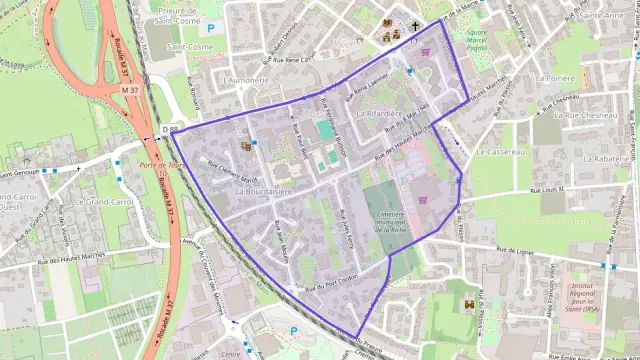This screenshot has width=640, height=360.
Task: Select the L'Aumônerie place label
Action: click(x=246, y=78)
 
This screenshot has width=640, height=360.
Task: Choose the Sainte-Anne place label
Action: click(x=600, y=16)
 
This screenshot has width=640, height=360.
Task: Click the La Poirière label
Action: click(x=555, y=77)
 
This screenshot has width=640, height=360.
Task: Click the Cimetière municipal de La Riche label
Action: click(x=386, y=221)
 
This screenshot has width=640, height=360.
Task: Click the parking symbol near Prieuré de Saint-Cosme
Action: click(x=210, y=29)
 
